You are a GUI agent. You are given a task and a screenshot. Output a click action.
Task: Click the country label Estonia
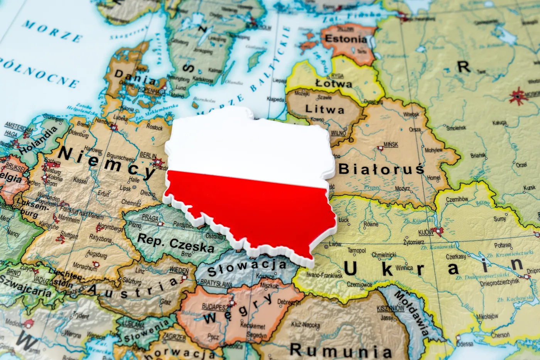point(346,39)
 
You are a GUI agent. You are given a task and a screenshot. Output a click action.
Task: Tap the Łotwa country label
point(334,83)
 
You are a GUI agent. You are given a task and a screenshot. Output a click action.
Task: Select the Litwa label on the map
point(324,110)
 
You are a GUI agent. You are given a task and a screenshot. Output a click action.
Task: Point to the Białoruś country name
point(381,169)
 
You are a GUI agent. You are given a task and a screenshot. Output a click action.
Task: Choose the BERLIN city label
point(148,155)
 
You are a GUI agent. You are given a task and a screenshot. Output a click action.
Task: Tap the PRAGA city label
point(150,218)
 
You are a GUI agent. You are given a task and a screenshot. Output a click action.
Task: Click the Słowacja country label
point(247,268)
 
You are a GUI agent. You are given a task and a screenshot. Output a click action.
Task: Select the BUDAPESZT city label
point(216,307)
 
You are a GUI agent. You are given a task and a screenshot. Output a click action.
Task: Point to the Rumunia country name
point(341,350)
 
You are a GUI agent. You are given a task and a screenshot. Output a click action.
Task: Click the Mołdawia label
point(411,313)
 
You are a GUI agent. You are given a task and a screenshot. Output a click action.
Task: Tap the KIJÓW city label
point(426,233)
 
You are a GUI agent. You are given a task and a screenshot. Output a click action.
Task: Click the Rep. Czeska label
point(175,243)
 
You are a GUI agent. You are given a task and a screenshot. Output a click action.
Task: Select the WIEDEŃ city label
point(179,270)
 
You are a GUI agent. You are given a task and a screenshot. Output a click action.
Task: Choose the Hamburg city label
point(104,121)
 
